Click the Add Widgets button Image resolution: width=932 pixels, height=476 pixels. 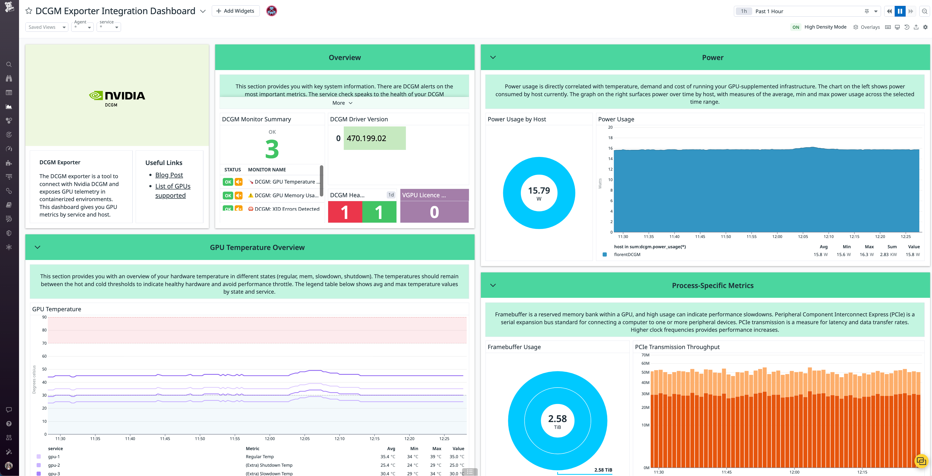(235, 11)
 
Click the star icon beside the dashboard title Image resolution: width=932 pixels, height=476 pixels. (29, 11)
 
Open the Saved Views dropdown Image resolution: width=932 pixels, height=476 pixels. (46, 27)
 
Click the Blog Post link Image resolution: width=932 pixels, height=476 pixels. (169, 175)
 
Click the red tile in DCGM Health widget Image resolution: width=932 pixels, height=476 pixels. (344, 212)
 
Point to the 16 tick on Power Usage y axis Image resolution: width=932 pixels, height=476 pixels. (610, 148)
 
